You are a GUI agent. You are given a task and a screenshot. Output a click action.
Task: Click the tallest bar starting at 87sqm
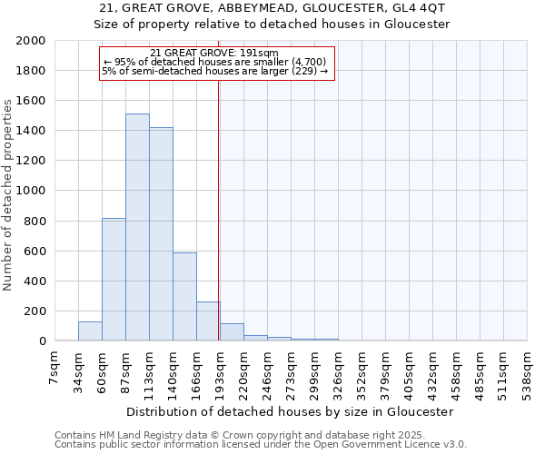tap(137, 227)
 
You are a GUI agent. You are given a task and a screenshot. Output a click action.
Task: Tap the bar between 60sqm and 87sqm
tap(114, 280)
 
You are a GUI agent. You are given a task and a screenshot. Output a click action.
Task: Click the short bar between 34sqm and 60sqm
tap(90, 331)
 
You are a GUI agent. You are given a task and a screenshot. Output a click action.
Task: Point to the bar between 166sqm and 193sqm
tap(208, 321)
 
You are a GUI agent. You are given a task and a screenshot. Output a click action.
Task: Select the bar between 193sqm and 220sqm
tap(232, 332)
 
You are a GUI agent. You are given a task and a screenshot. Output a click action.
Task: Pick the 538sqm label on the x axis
tap(528, 369)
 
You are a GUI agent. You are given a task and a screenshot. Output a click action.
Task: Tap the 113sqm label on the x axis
tap(150, 369)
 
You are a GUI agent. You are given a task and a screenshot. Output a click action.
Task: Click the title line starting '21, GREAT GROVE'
tap(272, 8)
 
